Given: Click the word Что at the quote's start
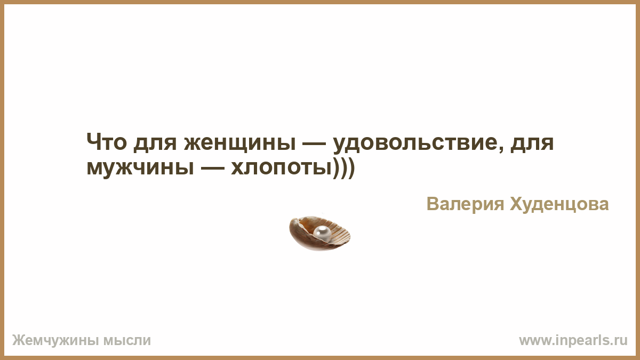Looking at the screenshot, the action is coord(106,142).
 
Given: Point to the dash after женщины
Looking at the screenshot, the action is coord(314,143).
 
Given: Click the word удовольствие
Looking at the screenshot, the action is coord(414,143).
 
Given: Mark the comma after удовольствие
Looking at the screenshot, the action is coord(500,149).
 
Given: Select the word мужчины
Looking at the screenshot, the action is coord(140,169).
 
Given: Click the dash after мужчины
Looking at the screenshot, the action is coord(212,168).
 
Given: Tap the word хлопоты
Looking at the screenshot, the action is coord(281,169).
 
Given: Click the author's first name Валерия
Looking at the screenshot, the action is coord(466,204).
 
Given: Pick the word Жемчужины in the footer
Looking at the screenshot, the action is coord(55,341).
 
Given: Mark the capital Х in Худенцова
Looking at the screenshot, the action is coord(517,204).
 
